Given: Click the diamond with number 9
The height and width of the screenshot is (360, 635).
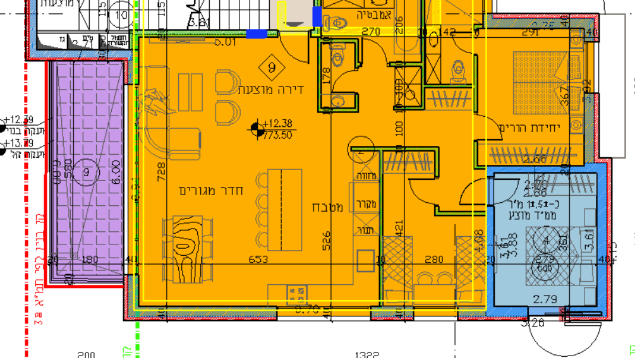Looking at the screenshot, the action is click(272, 66).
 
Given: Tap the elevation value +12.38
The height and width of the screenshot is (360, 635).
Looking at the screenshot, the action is click(278, 124).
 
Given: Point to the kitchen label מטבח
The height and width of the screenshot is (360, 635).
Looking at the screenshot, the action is click(328, 207).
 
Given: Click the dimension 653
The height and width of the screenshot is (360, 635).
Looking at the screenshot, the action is click(258, 259).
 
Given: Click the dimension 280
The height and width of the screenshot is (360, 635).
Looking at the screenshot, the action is click(433, 259).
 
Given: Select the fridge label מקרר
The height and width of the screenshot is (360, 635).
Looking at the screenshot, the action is click(366, 204).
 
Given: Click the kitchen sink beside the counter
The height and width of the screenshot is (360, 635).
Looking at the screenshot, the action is click(365, 260).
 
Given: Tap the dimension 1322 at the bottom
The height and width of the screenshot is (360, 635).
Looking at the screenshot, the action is click(366, 355).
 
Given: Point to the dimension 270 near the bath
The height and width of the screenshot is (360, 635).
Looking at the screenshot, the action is click(370, 31).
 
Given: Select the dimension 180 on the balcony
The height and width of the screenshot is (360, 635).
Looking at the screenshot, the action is click(90, 259).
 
